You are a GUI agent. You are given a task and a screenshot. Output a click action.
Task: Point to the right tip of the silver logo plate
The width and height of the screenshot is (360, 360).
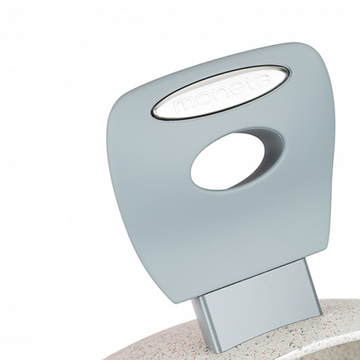(x=287, y=72)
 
